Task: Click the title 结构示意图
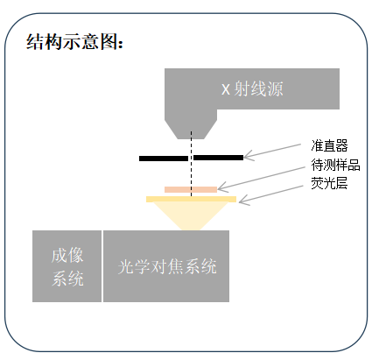pyautogui.click(x=74, y=41)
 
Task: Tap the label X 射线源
pyautogui.click(x=252, y=88)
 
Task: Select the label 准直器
pyautogui.click(x=329, y=145)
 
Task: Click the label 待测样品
pyautogui.click(x=335, y=165)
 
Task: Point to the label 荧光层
pyautogui.click(x=329, y=183)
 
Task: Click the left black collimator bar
pyautogui.click(x=164, y=159)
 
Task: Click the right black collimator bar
pyautogui.click(x=219, y=158)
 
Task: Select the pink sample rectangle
pyautogui.click(x=191, y=189)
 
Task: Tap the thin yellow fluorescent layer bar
pyautogui.click(x=191, y=199)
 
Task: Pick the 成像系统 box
pyautogui.click(x=67, y=266)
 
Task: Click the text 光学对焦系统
pyautogui.click(x=167, y=266)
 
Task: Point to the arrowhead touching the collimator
pyautogui.click(x=248, y=156)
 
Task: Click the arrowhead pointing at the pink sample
pyautogui.click(x=221, y=187)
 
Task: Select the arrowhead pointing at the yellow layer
pyautogui.click(x=242, y=201)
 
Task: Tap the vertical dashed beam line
pyautogui.click(x=192, y=164)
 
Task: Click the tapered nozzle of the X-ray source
pyautogui.click(x=191, y=130)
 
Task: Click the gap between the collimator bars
pyautogui.click(x=191, y=158)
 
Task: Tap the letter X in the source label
pyautogui.click(x=226, y=89)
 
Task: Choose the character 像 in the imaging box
pyautogui.click(x=75, y=255)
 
